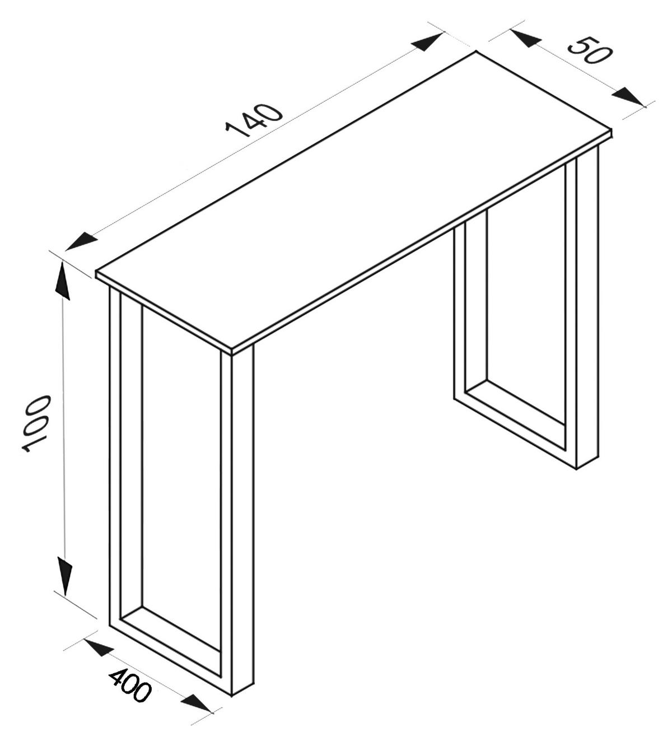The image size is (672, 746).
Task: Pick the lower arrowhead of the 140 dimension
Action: tap(82, 242)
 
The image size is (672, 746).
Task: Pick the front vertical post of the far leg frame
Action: tap(587, 308)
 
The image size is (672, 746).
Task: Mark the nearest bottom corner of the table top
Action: tap(233, 351)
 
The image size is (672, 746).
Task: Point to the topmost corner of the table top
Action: tap(476, 52)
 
